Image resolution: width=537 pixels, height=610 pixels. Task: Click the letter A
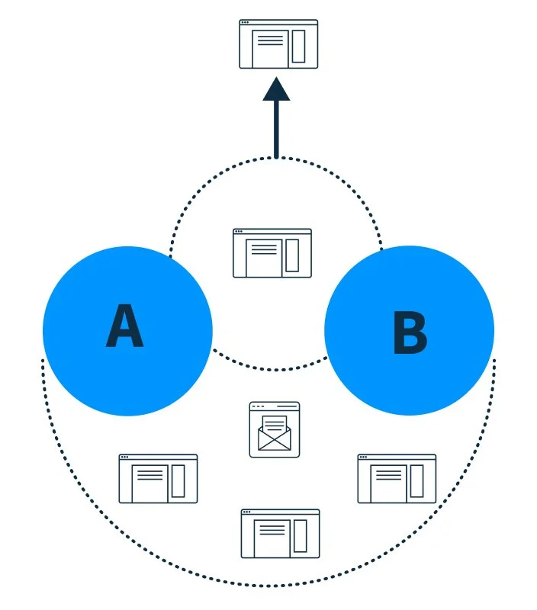(x=124, y=326)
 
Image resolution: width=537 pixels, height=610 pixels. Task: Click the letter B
(x=410, y=332)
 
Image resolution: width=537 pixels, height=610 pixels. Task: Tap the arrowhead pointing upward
(x=276, y=89)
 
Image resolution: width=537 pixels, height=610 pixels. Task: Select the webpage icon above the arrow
(x=278, y=44)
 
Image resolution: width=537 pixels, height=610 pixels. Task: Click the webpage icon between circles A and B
(x=272, y=253)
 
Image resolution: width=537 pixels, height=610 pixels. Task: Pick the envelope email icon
(x=275, y=429)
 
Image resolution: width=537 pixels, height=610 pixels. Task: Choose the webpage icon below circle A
(x=158, y=479)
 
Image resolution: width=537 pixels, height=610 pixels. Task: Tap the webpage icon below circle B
(x=397, y=479)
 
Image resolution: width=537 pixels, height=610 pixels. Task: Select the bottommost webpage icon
(x=280, y=534)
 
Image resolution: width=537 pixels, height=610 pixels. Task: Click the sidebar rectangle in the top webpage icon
(x=298, y=46)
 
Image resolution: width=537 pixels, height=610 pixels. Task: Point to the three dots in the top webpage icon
(x=245, y=23)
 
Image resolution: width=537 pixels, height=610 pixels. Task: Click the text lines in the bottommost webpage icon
(x=272, y=529)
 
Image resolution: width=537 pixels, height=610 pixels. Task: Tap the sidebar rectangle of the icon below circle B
(x=416, y=481)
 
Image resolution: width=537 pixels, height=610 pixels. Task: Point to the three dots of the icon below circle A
(x=125, y=457)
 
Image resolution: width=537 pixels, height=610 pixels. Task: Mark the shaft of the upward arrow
(x=276, y=129)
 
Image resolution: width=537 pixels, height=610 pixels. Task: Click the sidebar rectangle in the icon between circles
(x=292, y=255)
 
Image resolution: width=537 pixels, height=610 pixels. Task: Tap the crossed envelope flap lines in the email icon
(x=275, y=440)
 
